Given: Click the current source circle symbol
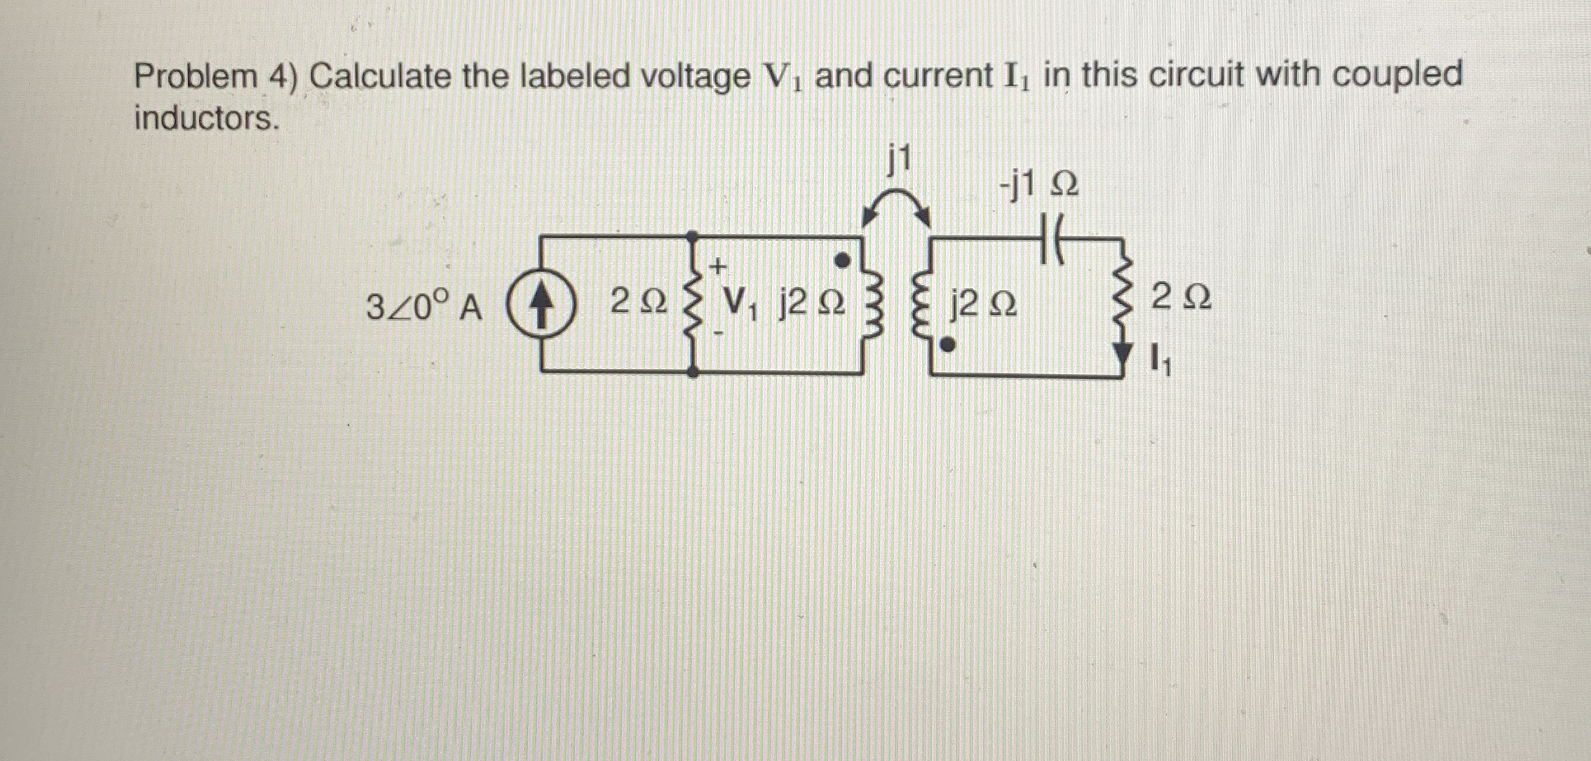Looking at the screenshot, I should click(x=541, y=310).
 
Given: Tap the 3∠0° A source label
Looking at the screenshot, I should click(x=424, y=308).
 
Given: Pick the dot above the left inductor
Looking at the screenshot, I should click(x=842, y=260).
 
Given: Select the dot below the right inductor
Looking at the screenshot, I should click(x=947, y=345).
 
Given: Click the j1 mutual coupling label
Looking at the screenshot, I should click(x=898, y=159).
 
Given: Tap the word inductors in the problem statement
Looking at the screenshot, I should click(x=206, y=119).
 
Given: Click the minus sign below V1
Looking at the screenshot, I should click(x=718, y=333).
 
